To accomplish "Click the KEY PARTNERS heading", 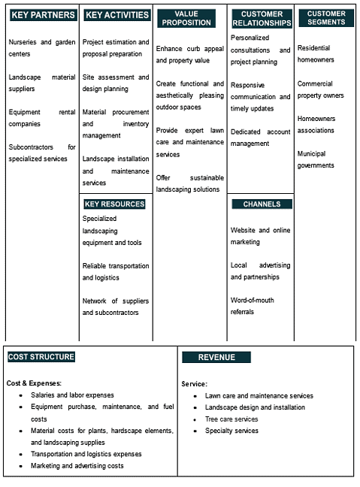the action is click(x=43, y=15).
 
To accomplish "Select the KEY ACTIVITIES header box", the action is click(x=116, y=15).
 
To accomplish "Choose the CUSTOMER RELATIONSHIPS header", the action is click(x=262, y=18).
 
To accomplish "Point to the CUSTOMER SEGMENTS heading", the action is click(x=326, y=18).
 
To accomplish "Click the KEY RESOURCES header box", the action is click(x=115, y=204).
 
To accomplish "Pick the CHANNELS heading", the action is click(x=262, y=204).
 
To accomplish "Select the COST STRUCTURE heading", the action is click(x=41, y=357).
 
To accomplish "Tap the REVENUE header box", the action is click(x=217, y=357).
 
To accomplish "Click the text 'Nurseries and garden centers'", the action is click(x=42, y=48).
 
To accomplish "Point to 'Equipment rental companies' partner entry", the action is click(x=42, y=118).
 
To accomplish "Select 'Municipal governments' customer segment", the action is click(x=316, y=159).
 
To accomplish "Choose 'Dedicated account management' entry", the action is click(x=260, y=138).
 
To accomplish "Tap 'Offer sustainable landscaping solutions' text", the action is click(x=190, y=183).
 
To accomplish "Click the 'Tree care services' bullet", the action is click(x=231, y=419).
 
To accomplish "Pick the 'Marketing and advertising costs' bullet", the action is click(x=77, y=466).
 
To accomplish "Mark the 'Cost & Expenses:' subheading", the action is click(x=34, y=383).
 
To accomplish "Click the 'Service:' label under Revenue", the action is click(x=194, y=383).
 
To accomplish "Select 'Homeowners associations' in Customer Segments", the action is click(x=316, y=125).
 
